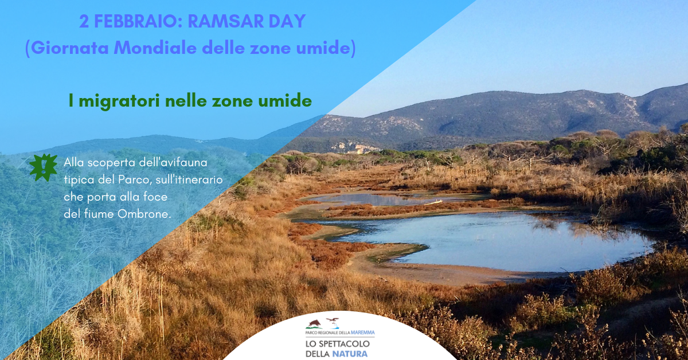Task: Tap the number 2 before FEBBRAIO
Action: coord(84,21)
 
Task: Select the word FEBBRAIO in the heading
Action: coord(138,21)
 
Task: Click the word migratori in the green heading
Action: coord(119,101)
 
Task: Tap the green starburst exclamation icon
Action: coord(44,167)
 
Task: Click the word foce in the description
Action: coord(155,197)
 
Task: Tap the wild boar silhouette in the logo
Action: coord(314,324)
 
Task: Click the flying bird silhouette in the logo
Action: coord(333,321)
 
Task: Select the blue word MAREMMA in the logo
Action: coord(363,332)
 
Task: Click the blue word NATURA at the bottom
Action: coord(350,354)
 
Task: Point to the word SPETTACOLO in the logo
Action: coord(345,343)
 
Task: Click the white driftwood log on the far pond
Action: coord(433,202)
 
